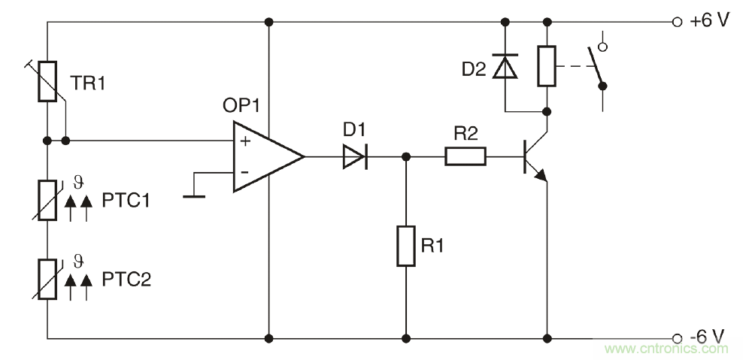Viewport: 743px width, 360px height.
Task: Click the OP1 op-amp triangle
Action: (x=265, y=156)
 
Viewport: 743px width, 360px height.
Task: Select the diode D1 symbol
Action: (x=353, y=156)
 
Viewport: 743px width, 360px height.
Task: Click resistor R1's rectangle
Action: (x=406, y=244)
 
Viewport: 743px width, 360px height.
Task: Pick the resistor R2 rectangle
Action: (x=466, y=156)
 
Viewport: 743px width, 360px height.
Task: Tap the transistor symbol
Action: (x=535, y=157)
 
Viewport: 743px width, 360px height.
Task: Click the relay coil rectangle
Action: (x=547, y=65)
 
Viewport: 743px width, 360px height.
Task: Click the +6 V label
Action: (x=709, y=21)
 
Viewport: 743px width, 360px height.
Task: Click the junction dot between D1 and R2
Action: (x=406, y=157)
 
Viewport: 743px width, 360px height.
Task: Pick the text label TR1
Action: (x=89, y=82)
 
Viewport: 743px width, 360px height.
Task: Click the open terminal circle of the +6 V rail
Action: (x=677, y=21)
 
